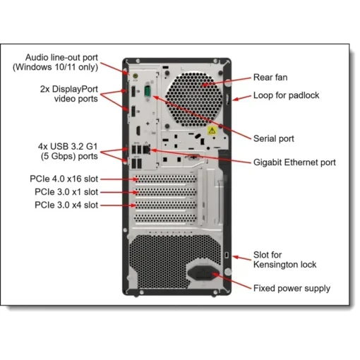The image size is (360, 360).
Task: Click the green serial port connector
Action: pos(148,91)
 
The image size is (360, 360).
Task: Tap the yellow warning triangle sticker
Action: pos(212,131)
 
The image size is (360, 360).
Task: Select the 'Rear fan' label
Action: pos(270,78)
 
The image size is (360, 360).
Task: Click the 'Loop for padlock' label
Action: pos(286,95)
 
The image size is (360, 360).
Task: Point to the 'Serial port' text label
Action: pos(274,138)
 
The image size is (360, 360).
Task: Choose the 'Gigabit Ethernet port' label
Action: pos(294,162)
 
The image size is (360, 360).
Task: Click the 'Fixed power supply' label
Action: pos(292,288)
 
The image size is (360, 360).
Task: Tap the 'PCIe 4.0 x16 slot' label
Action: pos(64,179)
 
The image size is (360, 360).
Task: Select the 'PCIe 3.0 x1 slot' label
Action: pos(66,192)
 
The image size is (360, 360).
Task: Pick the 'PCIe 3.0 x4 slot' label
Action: pos(66,205)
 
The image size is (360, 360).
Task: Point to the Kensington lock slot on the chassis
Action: pos(227,255)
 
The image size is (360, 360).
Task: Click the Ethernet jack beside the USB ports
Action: pos(146,149)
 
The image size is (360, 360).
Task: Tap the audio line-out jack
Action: pos(136,76)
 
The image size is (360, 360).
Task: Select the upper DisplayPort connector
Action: pos(133,92)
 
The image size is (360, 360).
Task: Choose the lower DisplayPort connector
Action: pos(133,112)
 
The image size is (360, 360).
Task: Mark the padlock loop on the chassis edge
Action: pos(227,100)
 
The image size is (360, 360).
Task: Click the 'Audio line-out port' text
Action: pos(61,57)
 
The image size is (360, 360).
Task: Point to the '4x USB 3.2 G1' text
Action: pos(68,146)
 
